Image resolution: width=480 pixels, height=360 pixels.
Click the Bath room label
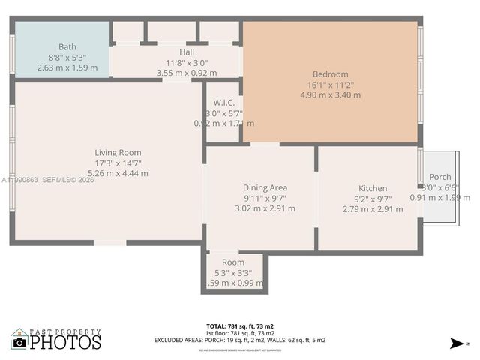[67, 46]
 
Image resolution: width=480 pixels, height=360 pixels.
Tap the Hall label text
[187, 52]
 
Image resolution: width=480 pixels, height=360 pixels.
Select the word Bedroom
[330, 74]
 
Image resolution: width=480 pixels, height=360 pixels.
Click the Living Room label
[118, 153]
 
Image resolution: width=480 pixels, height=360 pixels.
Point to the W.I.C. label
[224, 102]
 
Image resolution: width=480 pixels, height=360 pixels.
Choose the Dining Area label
[265, 187]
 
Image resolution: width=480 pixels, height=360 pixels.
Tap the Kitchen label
[373, 188]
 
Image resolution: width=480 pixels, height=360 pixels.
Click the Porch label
[439, 177]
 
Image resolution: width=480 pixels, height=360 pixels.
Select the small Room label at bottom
[233, 262]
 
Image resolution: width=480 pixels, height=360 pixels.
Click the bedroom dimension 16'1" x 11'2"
[330, 85]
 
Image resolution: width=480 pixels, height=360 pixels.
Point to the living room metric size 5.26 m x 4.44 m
[118, 173]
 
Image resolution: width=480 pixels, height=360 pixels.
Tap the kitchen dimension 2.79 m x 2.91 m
[373, 208]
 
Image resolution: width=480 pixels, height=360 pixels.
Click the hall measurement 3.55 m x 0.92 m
[187, 73]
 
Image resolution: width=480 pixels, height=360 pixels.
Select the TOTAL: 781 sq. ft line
[240, 325]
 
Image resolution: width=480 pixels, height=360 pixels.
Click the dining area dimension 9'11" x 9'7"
[265, 198]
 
